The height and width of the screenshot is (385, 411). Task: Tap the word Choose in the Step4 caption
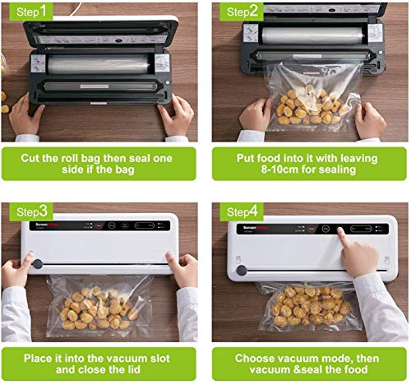pos(255,358)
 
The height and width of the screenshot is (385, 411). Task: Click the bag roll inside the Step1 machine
pos(96,63)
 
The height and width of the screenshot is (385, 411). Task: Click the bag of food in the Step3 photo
pos(98,304)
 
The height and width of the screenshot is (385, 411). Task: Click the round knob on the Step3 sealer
pos(36,266)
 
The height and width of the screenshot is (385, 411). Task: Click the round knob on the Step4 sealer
pos(241,270)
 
